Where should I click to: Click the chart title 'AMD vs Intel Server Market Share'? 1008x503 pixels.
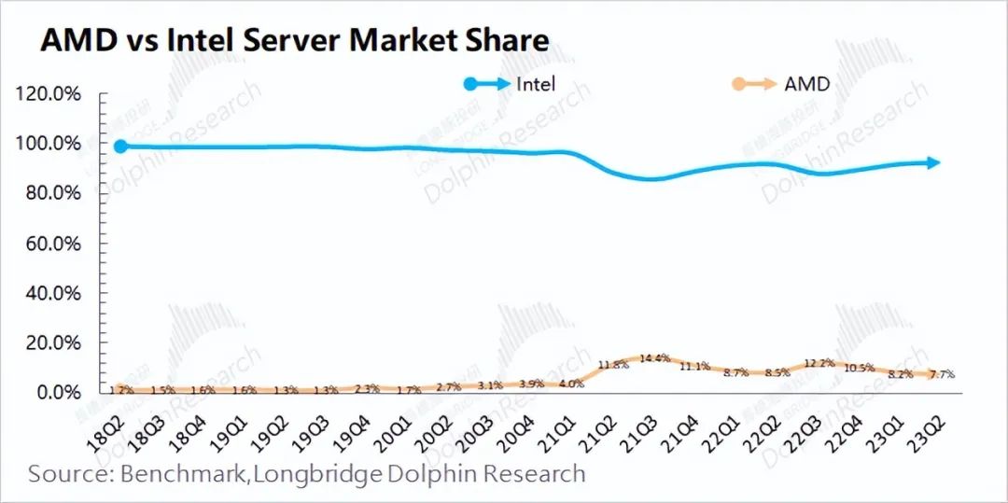(x=293, y=40)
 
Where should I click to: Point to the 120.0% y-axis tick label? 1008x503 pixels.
(x=45, y=94)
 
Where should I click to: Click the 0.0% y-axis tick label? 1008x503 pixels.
(x=52, y=393)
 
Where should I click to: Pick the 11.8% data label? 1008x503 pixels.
(x=613, y=365)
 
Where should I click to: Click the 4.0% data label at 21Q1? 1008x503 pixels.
(x=571, y=383)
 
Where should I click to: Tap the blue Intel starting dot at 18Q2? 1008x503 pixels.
(x=120, y=146)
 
